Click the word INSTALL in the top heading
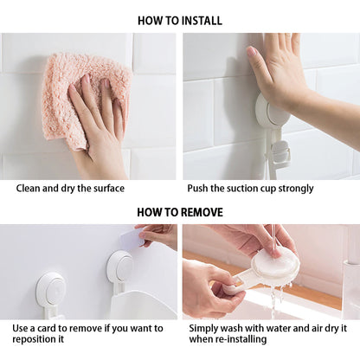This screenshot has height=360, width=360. click(x=202, y=21)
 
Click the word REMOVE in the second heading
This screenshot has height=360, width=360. click(x=202, y=212)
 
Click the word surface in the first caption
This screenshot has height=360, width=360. click(x=109, y=189)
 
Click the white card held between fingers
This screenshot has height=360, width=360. click(x=132, y=237)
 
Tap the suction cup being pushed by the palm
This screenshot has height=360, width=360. click(x=271, y=111)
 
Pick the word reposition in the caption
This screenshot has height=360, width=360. click(x=30, y=339)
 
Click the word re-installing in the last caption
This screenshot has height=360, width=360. click(x=241, y=339)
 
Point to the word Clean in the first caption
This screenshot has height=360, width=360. click(x=28, y=189)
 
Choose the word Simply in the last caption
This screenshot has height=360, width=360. click(x=203, y=329)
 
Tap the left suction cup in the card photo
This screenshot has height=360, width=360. click(x=50, y=292)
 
